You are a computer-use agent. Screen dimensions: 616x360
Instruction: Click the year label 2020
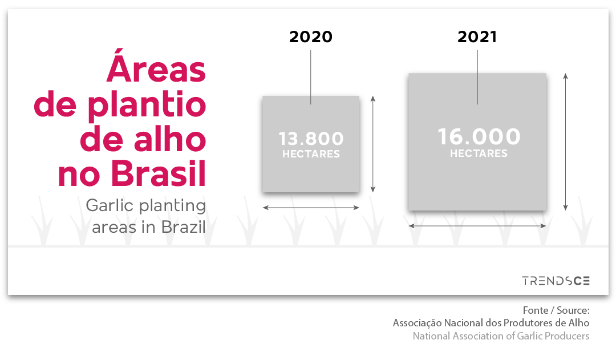(311, 37)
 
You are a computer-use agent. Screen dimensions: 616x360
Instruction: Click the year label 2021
(477, 37)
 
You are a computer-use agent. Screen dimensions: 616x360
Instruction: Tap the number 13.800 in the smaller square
(311, 138)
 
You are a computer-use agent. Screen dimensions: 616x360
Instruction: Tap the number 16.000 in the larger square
(479, 136)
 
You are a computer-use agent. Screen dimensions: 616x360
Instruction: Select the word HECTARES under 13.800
(311, 154)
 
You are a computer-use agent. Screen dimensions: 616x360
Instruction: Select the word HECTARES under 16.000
(479, 153)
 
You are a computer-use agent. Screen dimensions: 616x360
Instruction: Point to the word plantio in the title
(147, 105)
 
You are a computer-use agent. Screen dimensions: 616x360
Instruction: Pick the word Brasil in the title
(159, 173)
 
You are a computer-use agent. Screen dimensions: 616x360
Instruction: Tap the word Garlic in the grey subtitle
(111, 205)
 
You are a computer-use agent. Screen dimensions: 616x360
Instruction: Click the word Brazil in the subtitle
(183, 227)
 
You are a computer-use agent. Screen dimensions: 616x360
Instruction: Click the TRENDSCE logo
(556, 281)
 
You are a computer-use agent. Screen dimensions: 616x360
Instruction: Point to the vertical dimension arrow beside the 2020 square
(373, 144)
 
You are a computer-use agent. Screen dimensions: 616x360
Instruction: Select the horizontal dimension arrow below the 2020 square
(311, 208)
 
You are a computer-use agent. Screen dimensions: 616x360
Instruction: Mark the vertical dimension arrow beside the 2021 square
(565, 141)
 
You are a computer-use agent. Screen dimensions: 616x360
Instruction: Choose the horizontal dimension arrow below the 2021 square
(477, 225)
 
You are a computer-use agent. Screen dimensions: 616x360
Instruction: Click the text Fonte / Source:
(556, 310)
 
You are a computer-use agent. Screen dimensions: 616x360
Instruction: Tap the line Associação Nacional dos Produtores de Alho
(491, 323)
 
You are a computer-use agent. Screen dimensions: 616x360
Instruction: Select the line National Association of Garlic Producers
(501, 336)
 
